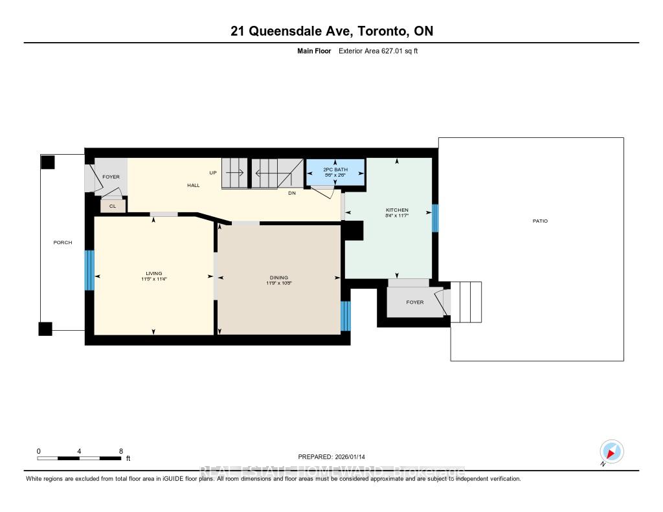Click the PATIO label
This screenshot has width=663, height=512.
point(540,221)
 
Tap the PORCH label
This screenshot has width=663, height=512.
point(63,243)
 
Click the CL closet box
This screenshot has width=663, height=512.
point(113,206)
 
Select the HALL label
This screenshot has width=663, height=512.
point(194,185)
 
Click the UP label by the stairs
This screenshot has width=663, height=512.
point(212,173)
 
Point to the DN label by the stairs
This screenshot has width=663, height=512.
point(292,192)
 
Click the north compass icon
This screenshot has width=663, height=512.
point(611,451)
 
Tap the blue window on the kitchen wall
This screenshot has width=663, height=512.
point(435,218)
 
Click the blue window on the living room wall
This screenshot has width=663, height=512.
point(90,271)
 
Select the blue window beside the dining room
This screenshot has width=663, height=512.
point(345,316)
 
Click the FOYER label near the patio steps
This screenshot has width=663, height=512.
point(414,302)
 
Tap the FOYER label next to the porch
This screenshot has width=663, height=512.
point(111,177)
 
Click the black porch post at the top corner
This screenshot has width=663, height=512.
point(48,162)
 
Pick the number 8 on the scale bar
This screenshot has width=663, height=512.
point(121,451)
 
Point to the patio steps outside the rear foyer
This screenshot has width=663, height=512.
point(466,302)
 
